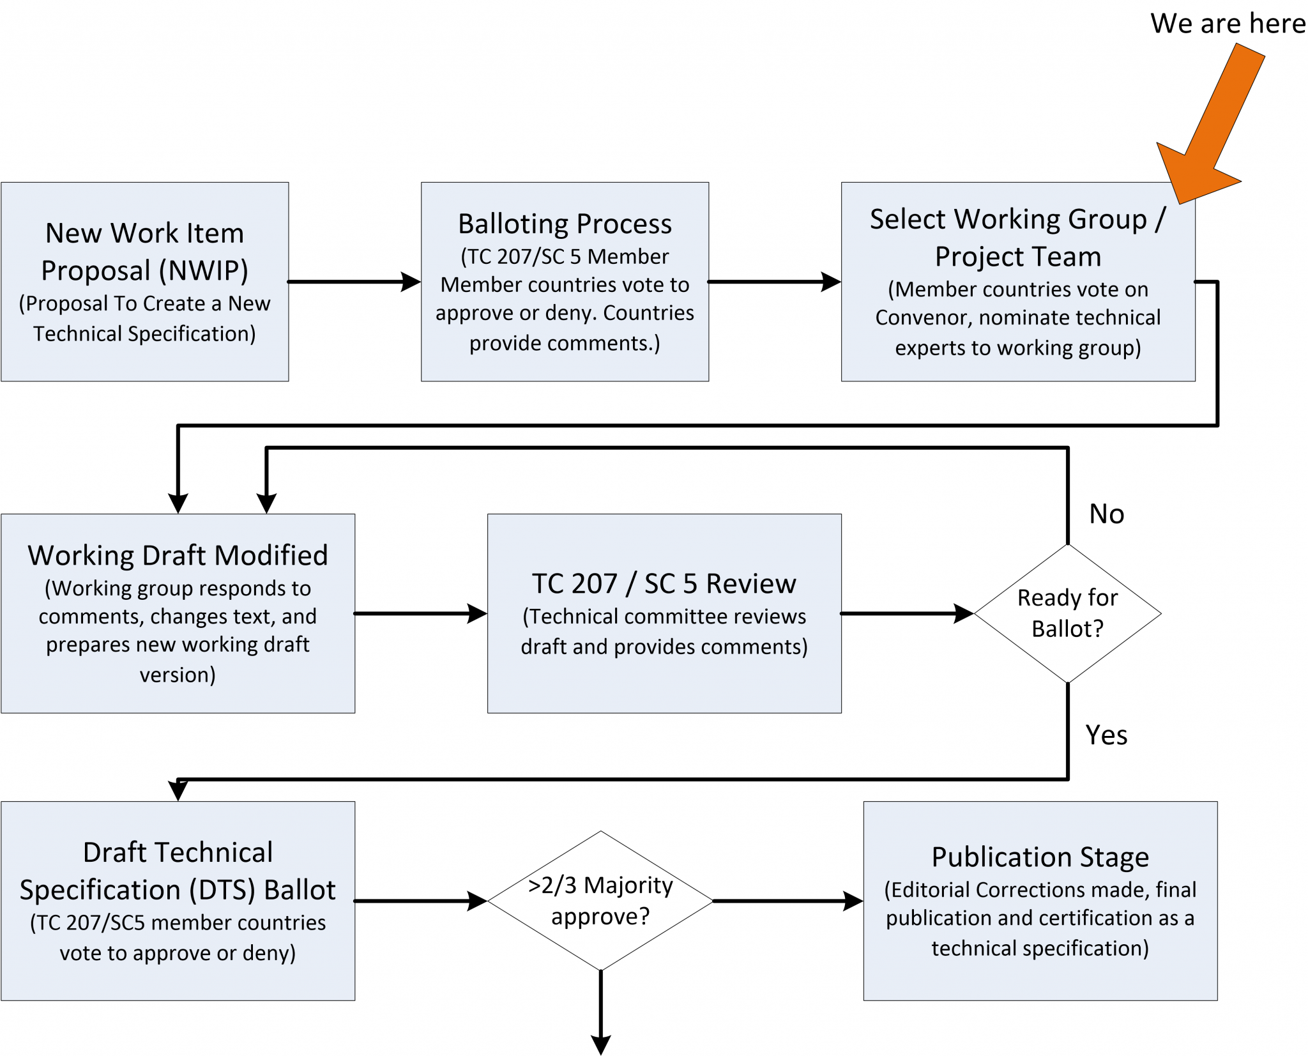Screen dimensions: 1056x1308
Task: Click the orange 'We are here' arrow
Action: point(1213,121)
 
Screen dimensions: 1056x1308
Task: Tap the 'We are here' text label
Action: point(1228,24)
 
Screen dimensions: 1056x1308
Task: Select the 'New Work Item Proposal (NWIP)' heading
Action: point(145,252)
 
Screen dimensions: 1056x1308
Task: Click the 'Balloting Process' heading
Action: point(565,224)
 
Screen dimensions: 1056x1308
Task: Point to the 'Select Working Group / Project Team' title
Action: point(1018,237)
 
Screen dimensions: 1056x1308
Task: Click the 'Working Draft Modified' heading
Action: point(178,555)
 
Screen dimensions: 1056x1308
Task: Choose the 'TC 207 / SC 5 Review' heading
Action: point(664,583)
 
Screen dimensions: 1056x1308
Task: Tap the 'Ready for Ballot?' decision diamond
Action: point(1067,613)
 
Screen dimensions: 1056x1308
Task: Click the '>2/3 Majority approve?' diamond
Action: point(600,900)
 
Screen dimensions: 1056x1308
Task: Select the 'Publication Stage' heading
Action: point(1040,857)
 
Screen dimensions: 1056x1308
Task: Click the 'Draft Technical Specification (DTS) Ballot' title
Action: point(178,871)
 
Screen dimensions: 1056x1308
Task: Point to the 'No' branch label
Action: point(1106,514)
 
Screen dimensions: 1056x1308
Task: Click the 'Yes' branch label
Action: point(1106,735)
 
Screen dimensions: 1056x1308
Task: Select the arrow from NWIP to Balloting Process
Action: point(354,281)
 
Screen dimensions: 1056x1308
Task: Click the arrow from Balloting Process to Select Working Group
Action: point(774,281)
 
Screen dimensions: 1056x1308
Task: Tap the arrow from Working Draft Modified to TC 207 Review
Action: point(420,613)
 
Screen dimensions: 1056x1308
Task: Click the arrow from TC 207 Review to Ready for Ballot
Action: point(907,613)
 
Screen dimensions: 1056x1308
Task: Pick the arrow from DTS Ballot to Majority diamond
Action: point(420,901)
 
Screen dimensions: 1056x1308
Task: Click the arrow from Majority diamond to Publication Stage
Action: point(787,901)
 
